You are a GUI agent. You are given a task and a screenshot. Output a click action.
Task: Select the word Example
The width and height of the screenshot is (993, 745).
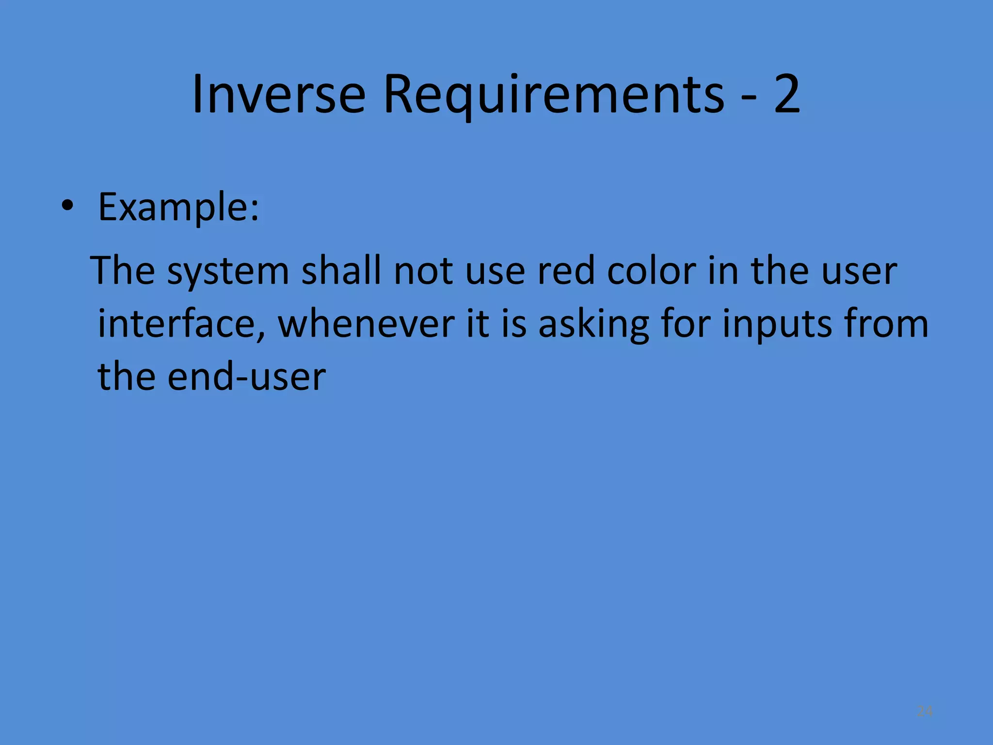(178, 208)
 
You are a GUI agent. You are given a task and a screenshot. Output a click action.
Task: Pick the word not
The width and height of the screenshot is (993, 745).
(424, 271)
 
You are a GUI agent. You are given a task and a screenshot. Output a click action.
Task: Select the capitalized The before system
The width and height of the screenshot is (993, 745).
(124, 270)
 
